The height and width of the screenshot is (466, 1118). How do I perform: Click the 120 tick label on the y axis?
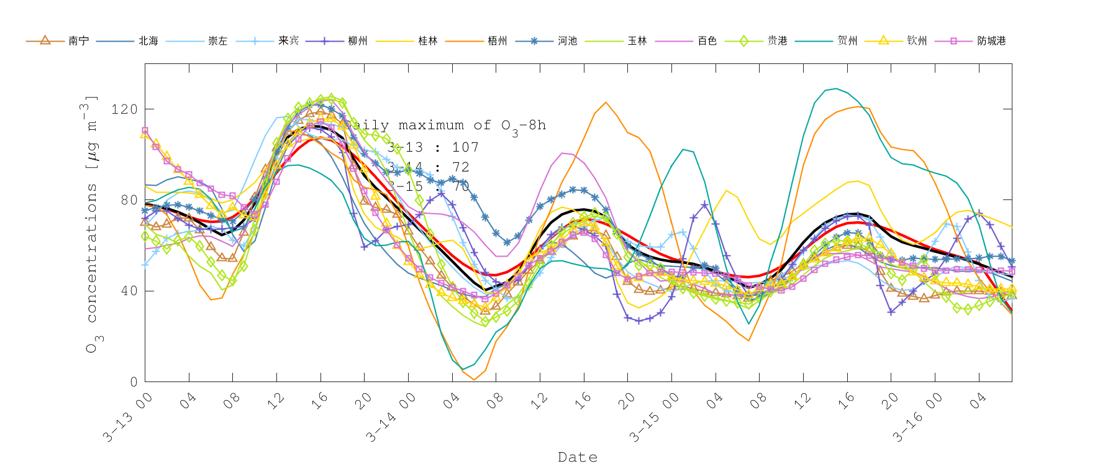pyautogui.click(x=124, y=109)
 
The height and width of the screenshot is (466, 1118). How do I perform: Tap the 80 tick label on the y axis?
pyautogui.click(x=128, y=200)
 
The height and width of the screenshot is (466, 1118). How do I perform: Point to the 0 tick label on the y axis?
pyautogui.click(x=133, y=382)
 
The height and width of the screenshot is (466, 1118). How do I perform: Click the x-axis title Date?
pyautogui.click(x=578, y=457)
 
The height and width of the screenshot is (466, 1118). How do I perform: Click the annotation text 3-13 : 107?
pyautogui.click(x=433, y=147)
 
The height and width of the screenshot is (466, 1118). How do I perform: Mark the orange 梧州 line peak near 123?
pyautogui.click(x=606, y=103)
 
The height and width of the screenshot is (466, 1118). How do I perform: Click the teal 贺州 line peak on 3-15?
pyautogui.click(x=836, y=89)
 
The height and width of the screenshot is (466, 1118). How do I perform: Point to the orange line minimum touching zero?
pyautogui.click(x=474, y=379)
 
